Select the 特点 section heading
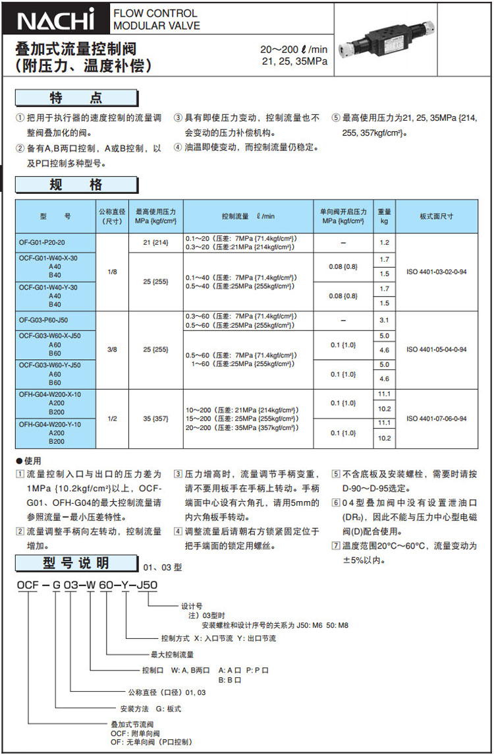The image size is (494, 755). pyautogui.click(x=77, y=98)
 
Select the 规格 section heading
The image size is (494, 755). pyautogui.click(x=77, y=185)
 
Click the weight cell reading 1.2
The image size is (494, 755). pyautogui.click(x=385, y=243)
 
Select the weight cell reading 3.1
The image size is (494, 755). pyautogui.click(x=385, y=320)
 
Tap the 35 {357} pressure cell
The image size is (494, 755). pyautogui.click(x=156, y=419)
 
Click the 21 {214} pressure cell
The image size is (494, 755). pyautogui.click(x=156, y=243)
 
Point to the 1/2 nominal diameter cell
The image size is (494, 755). pyautogui.click(x=113, y=419)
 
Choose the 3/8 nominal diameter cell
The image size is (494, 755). pyautogui.click(x=113, y=349)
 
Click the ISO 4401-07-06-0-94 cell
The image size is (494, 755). pyautogui.click(x=436, y=419)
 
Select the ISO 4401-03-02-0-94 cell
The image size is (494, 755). pyautogui.click(x=436, y=272)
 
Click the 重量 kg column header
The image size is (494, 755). pyautogui.click(x=385, y=216)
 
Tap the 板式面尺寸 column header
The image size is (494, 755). pyautogui.click(x=436, y=216)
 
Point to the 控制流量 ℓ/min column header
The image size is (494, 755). pyautogui.click(x=248, y=216)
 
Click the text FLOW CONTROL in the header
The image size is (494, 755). pyautogui.click(x=155, y=13)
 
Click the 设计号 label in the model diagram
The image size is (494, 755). pyautogui.click(x=192, y=605)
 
